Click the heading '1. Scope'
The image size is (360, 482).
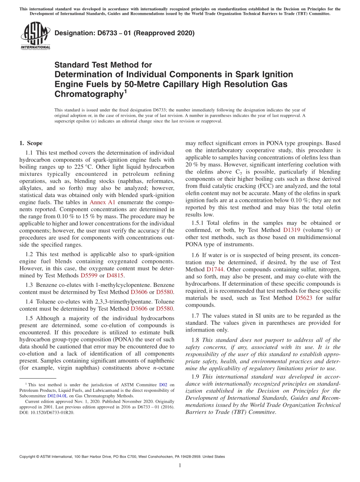tap(31, 143)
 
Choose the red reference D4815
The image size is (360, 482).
tap(114, 275)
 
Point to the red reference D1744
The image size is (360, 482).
tap(215, 269)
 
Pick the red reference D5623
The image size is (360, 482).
tap(304, 298)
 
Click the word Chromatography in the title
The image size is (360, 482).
tap(89, 94)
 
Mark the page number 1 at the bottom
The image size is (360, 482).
tap(180, 465)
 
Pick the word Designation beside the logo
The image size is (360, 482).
tap(74, 33)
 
